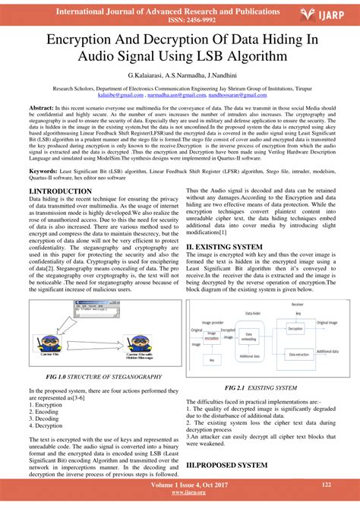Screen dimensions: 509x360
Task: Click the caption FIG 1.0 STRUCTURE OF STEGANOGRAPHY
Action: [x=103, y=376]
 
